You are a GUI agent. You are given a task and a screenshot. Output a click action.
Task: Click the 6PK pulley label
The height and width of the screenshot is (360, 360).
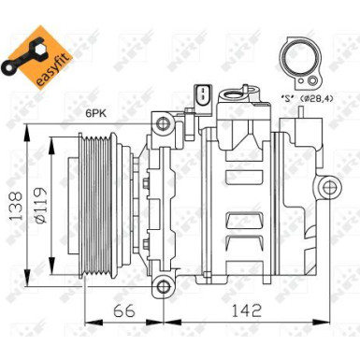pyautogui.click(x=97, y=113)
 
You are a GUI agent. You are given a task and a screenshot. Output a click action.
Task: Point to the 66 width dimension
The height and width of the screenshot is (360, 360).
pyautogui.click(x=125, y=310)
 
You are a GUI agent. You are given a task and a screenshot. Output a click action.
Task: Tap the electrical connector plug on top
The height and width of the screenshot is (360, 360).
pyautogui.click(x=199, y=95)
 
